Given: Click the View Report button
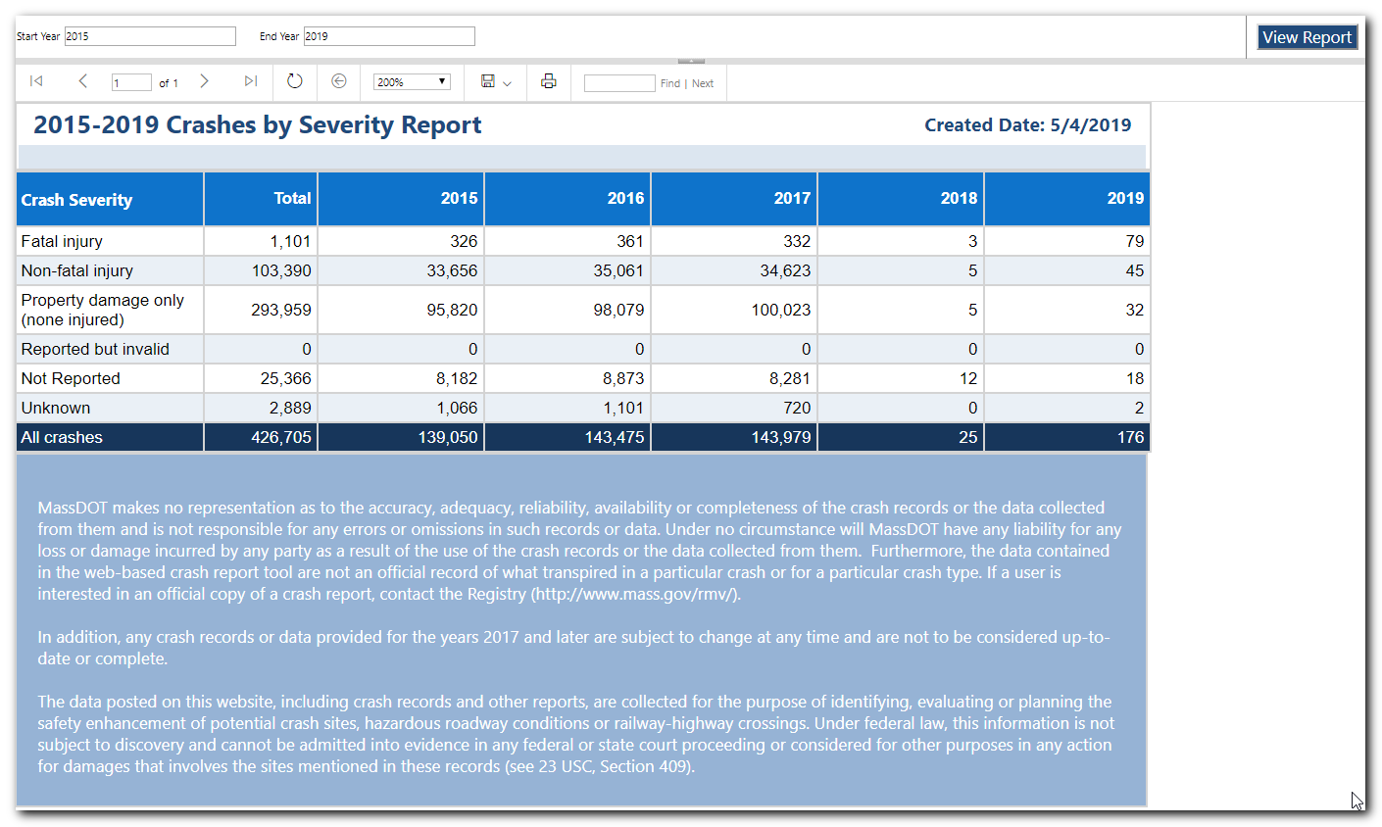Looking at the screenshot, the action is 1307,37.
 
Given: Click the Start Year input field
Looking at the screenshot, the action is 150,36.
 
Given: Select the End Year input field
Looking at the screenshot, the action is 389,36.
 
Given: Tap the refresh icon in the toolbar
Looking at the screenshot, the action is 295,81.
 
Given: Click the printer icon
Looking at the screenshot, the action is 549,81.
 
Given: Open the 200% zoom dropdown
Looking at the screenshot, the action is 412,82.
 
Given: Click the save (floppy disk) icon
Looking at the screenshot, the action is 488,81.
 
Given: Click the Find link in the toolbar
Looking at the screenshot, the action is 670,83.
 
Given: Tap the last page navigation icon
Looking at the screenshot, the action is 251,81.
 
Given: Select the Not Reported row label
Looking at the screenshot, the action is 71,378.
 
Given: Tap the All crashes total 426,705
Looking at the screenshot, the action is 280,437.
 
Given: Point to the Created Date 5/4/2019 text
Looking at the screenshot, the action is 1028,125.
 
